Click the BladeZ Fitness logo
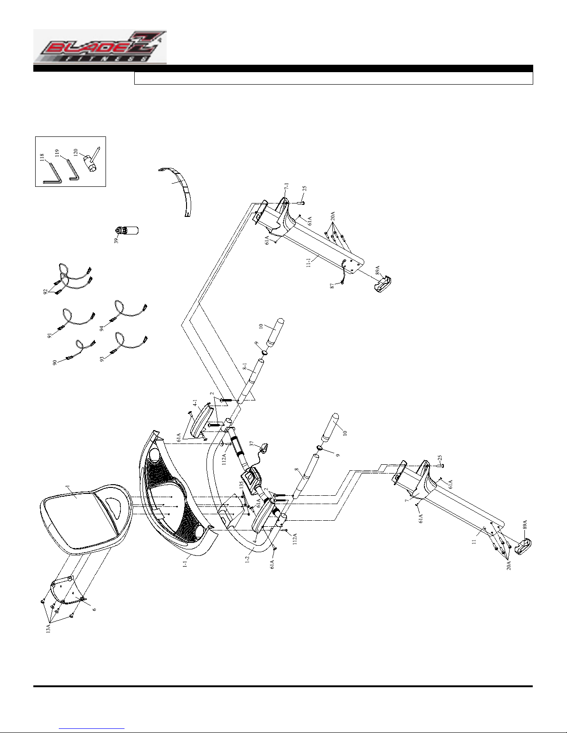pyautogui.click(x=100, y=47)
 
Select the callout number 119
pyautogui.click(x=57, y=153)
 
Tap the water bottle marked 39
pyautogui.click(x=127, y=230)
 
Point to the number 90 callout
pyautogui.click(x=54, y=363)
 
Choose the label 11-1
pyautogui.click(x=309, y=263)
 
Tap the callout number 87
pyautogui.click(x=332, y=286)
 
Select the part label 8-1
pyautogui.click(x=244, y=367)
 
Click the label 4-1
pyautogui.click(x=195, y=403)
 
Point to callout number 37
pyautogui.click(x=252, y=443)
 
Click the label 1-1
pyautogui.click(x=185, y=564)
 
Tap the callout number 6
pyautogui.click(x=94, y=609)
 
